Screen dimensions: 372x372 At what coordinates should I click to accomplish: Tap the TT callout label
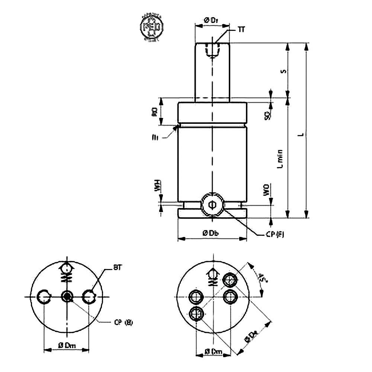pyautogui.click(x=241, y=29)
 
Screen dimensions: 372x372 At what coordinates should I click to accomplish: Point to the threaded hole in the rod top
pyautogui.click(x=212, y=50)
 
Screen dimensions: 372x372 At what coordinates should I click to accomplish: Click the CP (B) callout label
pyautogui.click(x=123, y=322)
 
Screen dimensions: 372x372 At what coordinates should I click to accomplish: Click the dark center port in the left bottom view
pyautogui.click(x=67, y=296)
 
